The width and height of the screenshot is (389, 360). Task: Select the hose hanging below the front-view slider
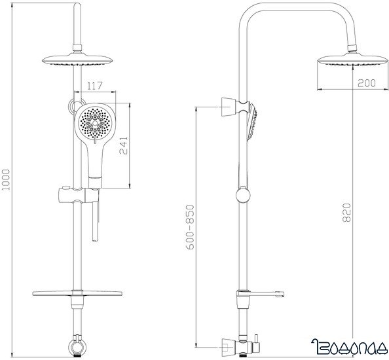point(96,223)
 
